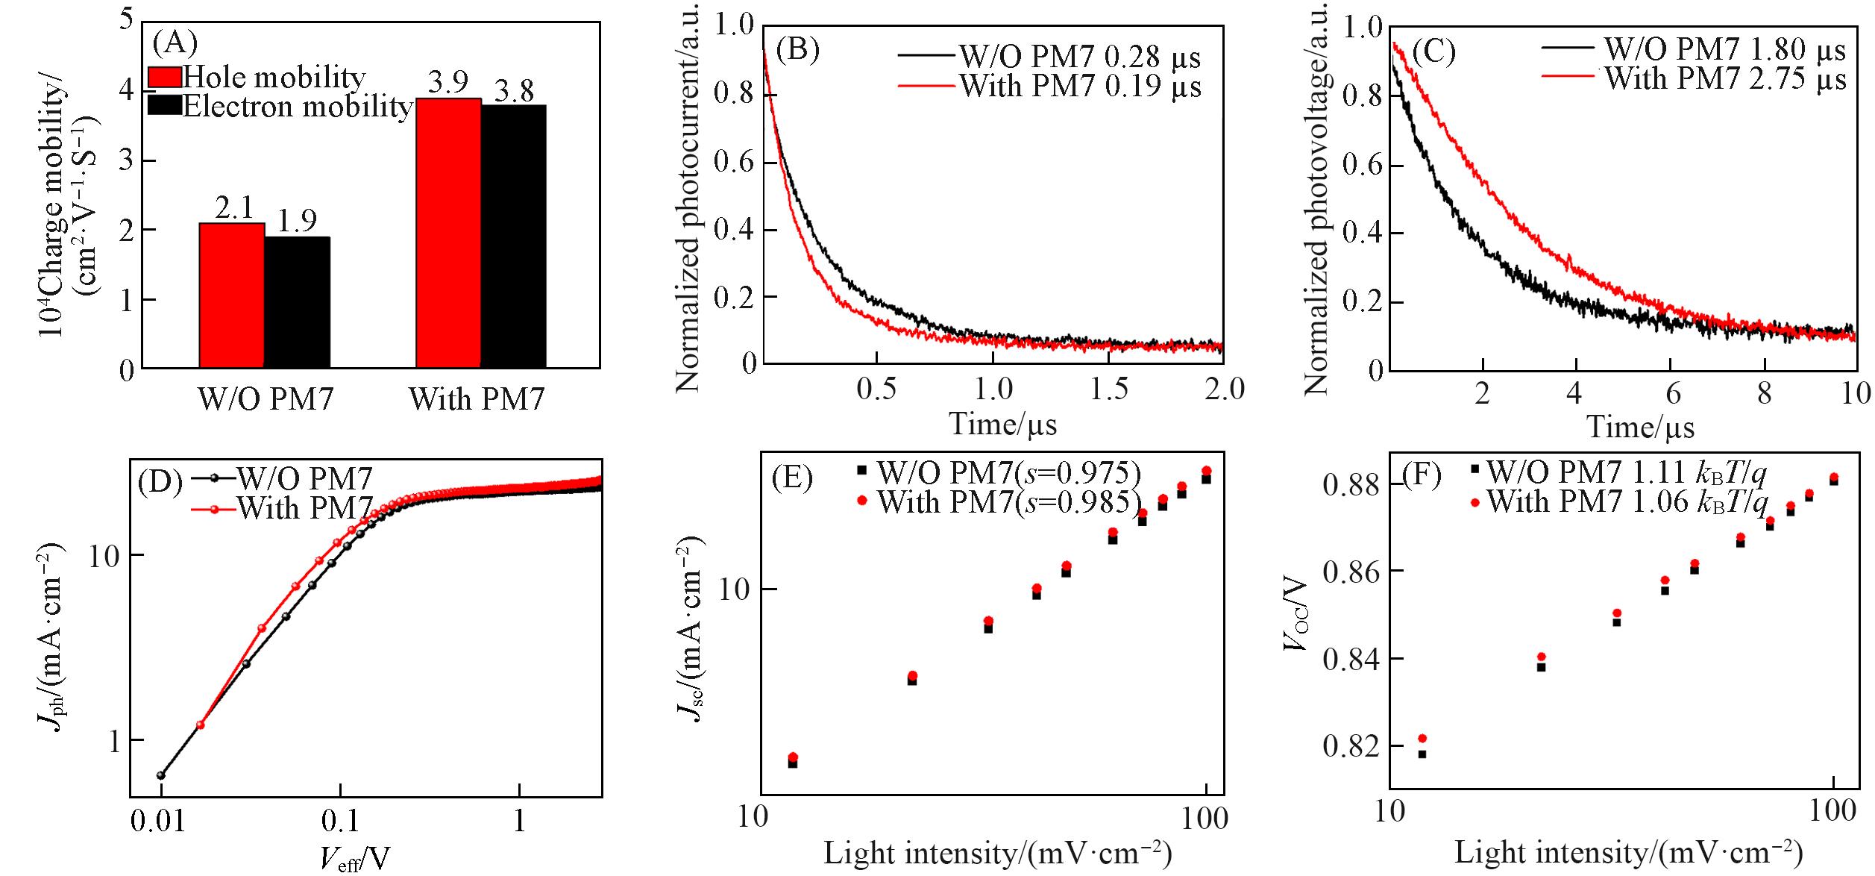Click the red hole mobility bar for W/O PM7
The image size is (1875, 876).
tap(231, 295)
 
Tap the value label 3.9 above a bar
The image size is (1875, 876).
tap(447, 84)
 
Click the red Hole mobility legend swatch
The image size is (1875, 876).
tap(165, 77)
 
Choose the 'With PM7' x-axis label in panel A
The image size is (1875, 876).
tap(477, 400)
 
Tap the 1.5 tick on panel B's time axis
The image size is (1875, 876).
tap(1108, 389)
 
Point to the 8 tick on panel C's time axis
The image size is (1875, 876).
tap(1764, 393)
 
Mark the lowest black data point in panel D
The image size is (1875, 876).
tap(160, 775)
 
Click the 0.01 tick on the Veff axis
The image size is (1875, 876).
tap(161, 822)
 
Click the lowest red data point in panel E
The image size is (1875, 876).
tap(793, 757)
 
